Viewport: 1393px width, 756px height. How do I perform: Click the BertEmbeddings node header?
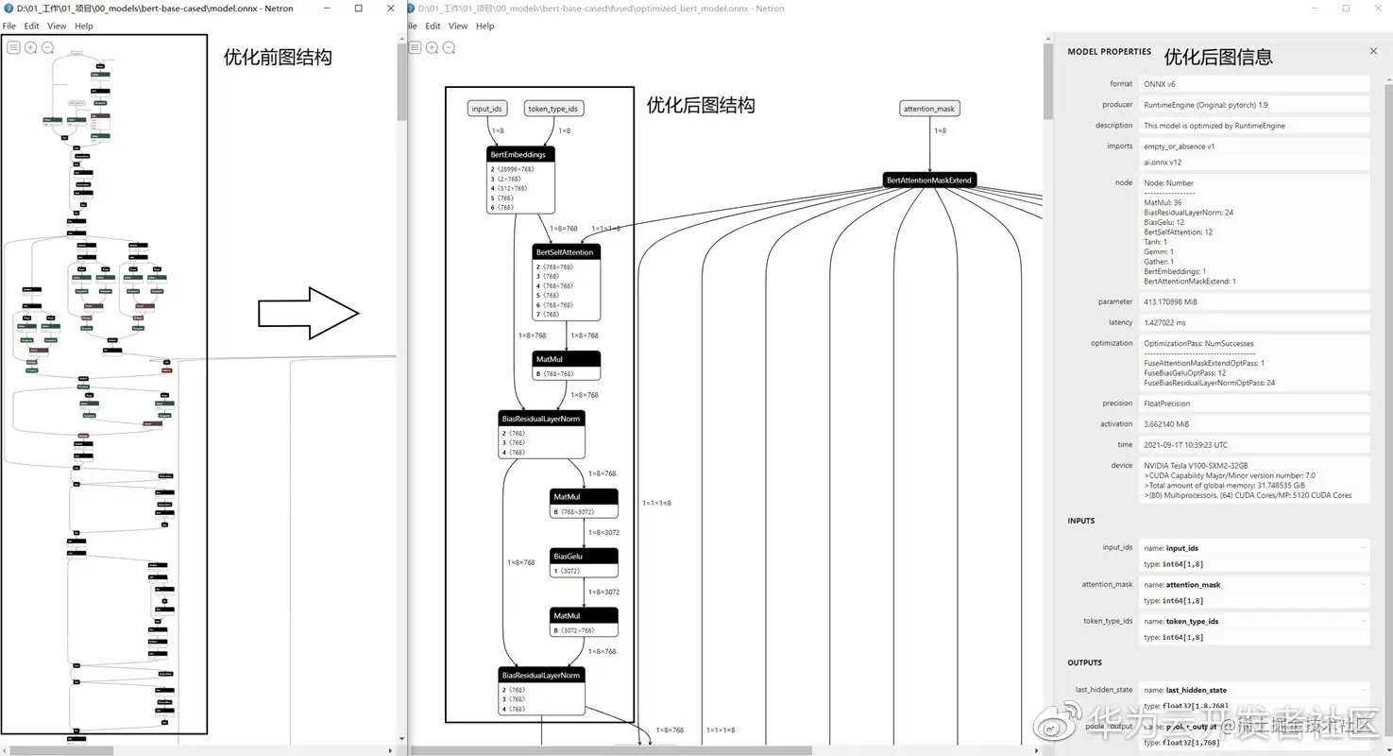click(x=518, y=154)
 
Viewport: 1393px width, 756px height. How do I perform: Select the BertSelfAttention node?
click(x=567, y=252)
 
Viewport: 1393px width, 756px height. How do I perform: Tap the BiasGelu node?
click(x=584, y=557)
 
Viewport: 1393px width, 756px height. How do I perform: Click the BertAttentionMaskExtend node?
click(x=929, y=180)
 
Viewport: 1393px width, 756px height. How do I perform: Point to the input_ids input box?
click(x=487, y=109)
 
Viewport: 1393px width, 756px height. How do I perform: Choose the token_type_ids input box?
click(x=553, y=109)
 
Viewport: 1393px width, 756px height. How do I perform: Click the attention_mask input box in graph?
click(x=929, y=109)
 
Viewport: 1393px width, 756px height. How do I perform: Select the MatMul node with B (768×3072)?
click(x=584, y=497)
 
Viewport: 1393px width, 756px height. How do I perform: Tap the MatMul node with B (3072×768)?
click(x=584, y=616)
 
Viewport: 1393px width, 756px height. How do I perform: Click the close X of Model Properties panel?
click(x=1373, y=51)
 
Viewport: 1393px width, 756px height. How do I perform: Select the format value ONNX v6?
click(x=1161, y=84)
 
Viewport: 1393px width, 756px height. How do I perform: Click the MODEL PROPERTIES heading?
click(x=1109, y=52)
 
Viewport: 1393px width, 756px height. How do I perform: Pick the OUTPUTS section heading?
click(x=1084, y=662)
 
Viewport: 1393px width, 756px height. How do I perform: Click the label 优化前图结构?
click(x=278, y=58)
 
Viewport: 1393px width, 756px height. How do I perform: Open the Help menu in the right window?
click(x=484, y=26)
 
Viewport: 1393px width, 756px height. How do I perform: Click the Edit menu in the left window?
click(x=32, y=26)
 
